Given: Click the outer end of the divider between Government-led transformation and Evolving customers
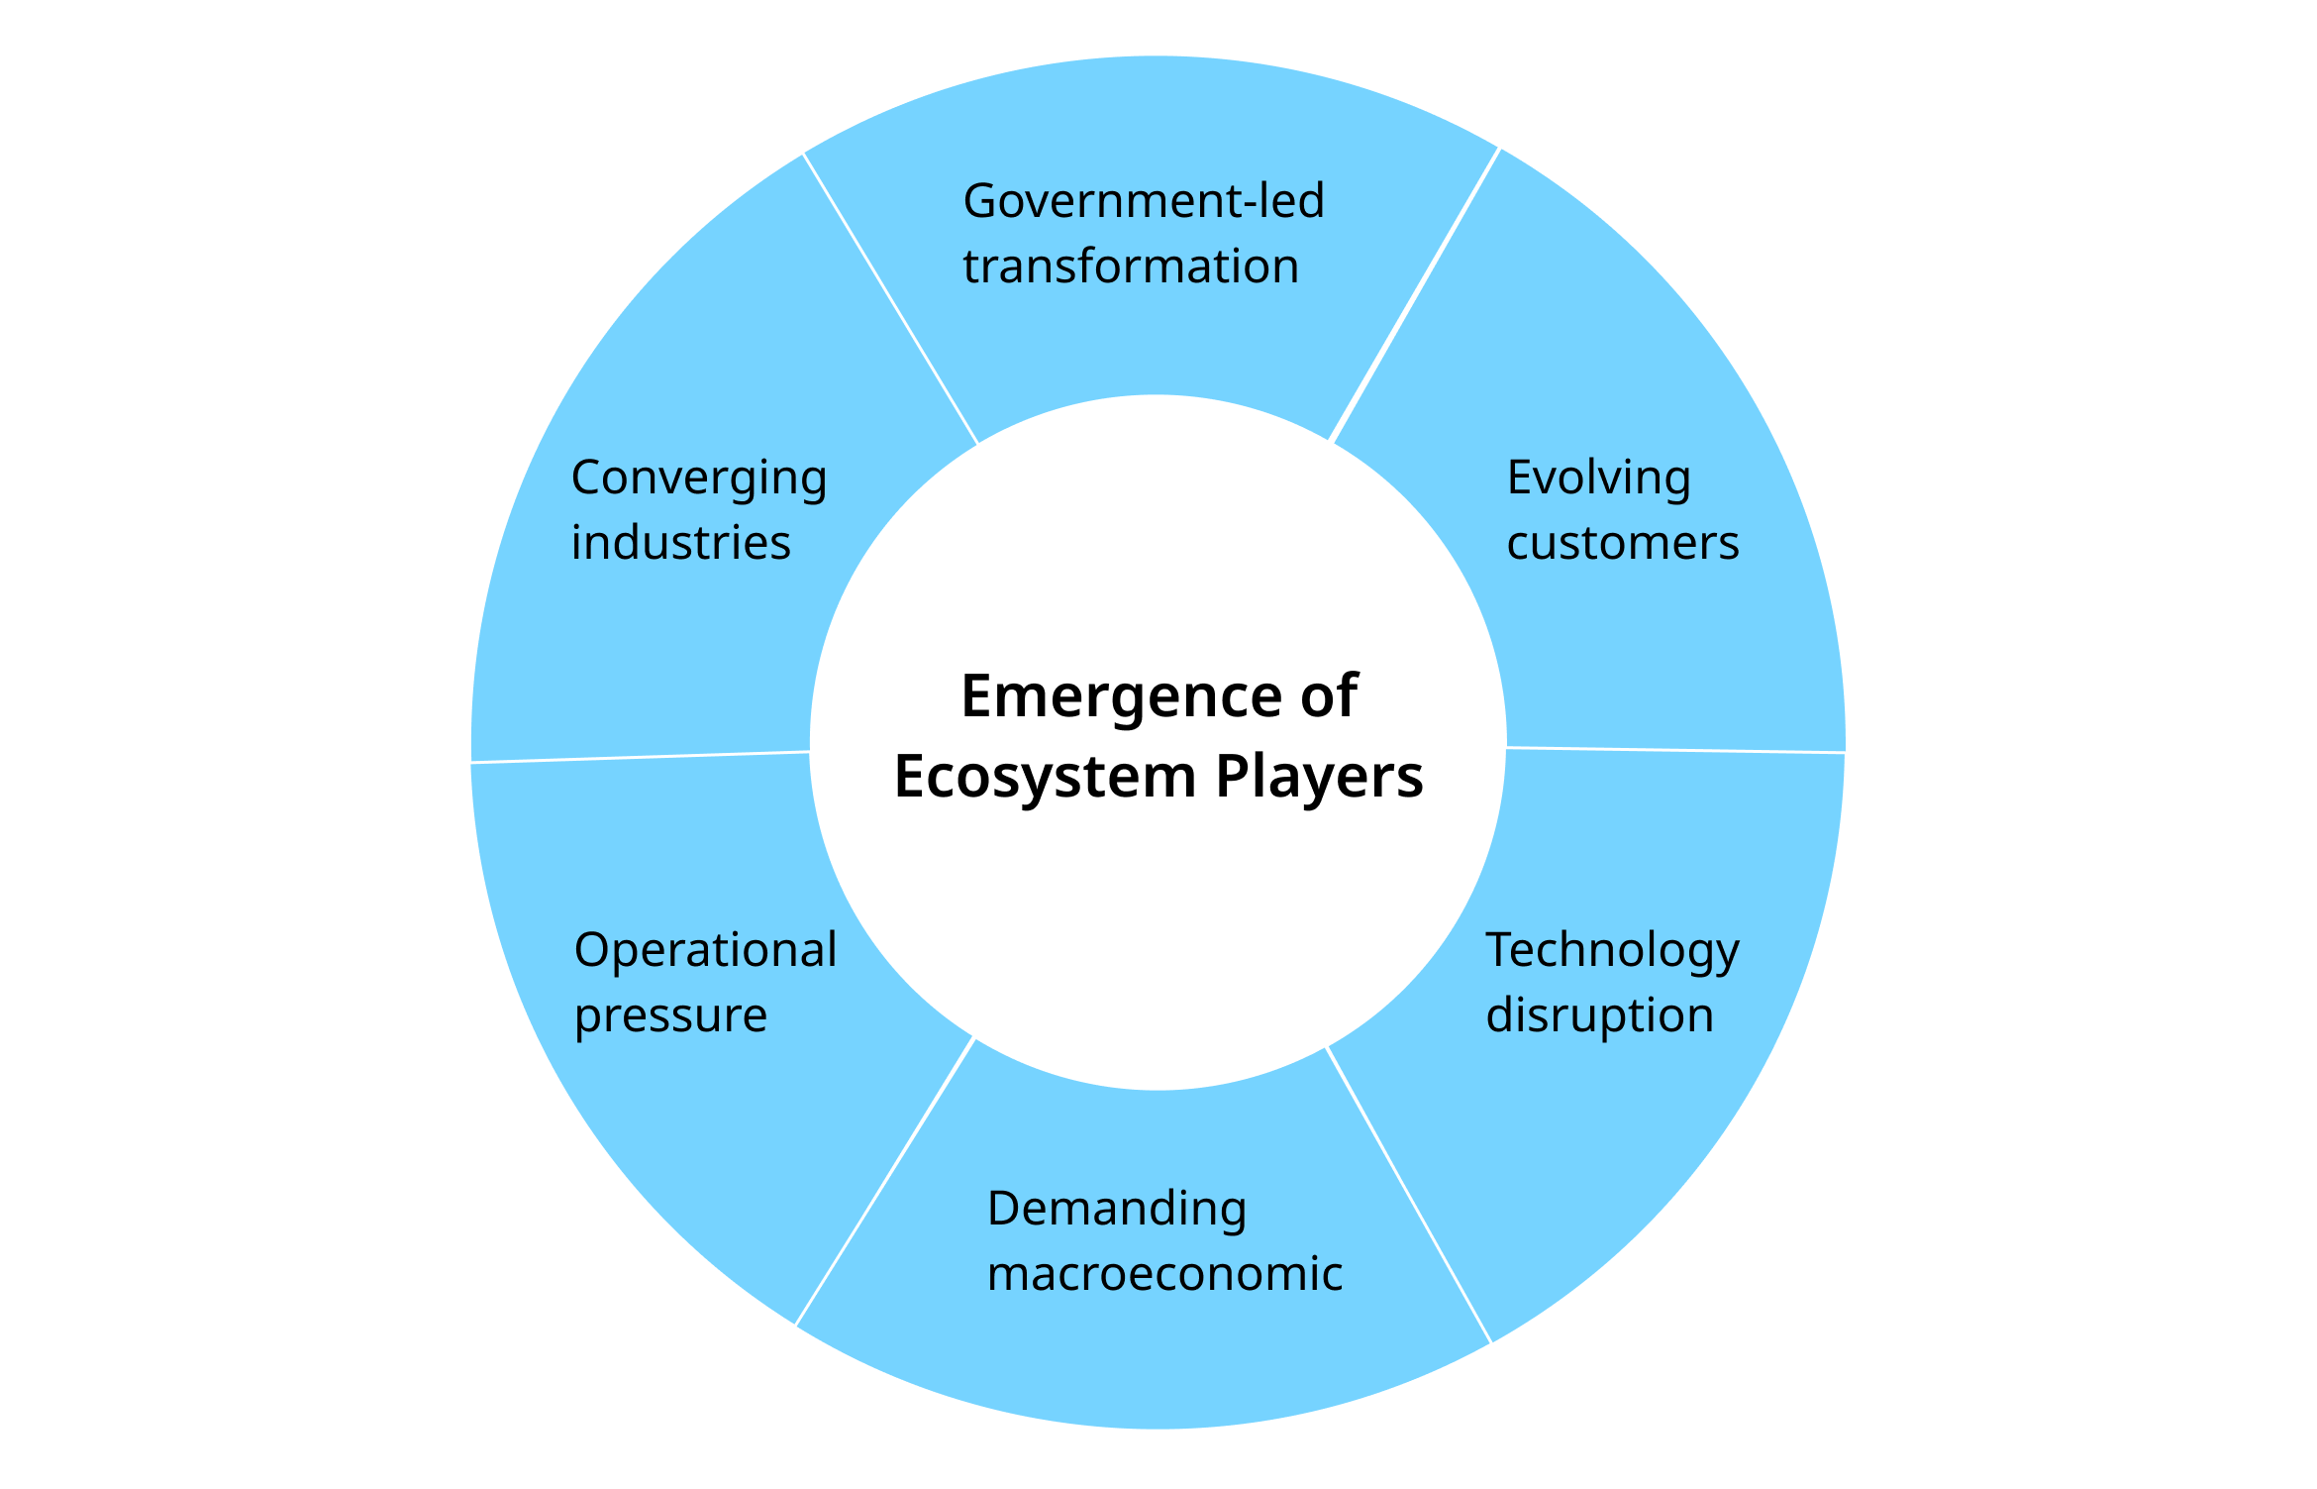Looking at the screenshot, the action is coord(1500,149).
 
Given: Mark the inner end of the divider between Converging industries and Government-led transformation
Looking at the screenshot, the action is coord(978,444).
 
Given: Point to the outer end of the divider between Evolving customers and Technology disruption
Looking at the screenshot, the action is coord(1846,753).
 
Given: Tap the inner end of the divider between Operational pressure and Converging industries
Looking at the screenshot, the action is coord(810,752).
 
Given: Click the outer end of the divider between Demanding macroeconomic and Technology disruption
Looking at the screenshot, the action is coord(1491,1344).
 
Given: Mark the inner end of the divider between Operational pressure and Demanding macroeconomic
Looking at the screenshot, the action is coord(975,1037).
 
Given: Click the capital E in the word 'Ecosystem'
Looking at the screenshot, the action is coord(910,776).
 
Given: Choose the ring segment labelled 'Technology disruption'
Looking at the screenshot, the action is coord(1624,1040).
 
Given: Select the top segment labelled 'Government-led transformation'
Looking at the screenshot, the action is coord(1154,228).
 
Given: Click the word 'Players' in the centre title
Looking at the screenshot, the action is coord(1319,777).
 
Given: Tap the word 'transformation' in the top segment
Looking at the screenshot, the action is coord(1131,266).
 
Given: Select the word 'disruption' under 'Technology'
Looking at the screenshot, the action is coord(1600,1015).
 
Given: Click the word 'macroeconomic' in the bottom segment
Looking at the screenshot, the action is coord(1165,1274).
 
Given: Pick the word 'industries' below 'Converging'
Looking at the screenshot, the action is coord(681,543).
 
